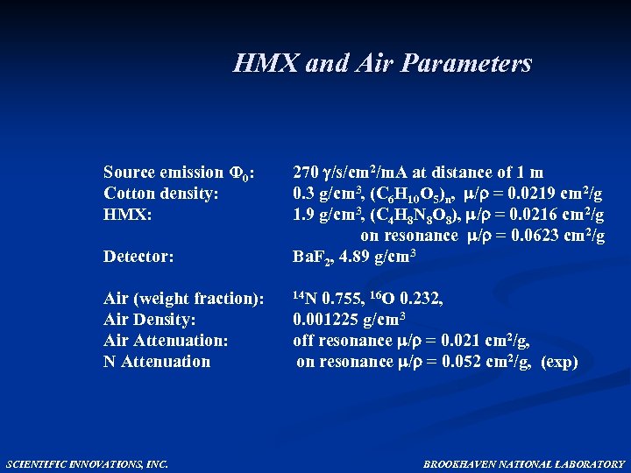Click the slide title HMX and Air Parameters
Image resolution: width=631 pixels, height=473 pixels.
[x=382, y=64]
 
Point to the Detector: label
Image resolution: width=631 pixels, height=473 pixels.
[x=138, y=257]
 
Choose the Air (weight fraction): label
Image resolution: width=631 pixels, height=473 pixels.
[x=183, y=299]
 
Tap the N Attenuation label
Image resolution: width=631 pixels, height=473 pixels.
[x=157, y=362]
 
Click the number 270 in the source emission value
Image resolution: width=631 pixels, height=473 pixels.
[x=306, y=173]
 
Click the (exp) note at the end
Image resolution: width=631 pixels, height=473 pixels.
[x=559, y=362]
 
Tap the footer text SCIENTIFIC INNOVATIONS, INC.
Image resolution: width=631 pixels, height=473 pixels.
[x=87, y=464]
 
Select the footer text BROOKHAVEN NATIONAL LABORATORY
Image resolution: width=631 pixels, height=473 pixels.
[x=524, y=464]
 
